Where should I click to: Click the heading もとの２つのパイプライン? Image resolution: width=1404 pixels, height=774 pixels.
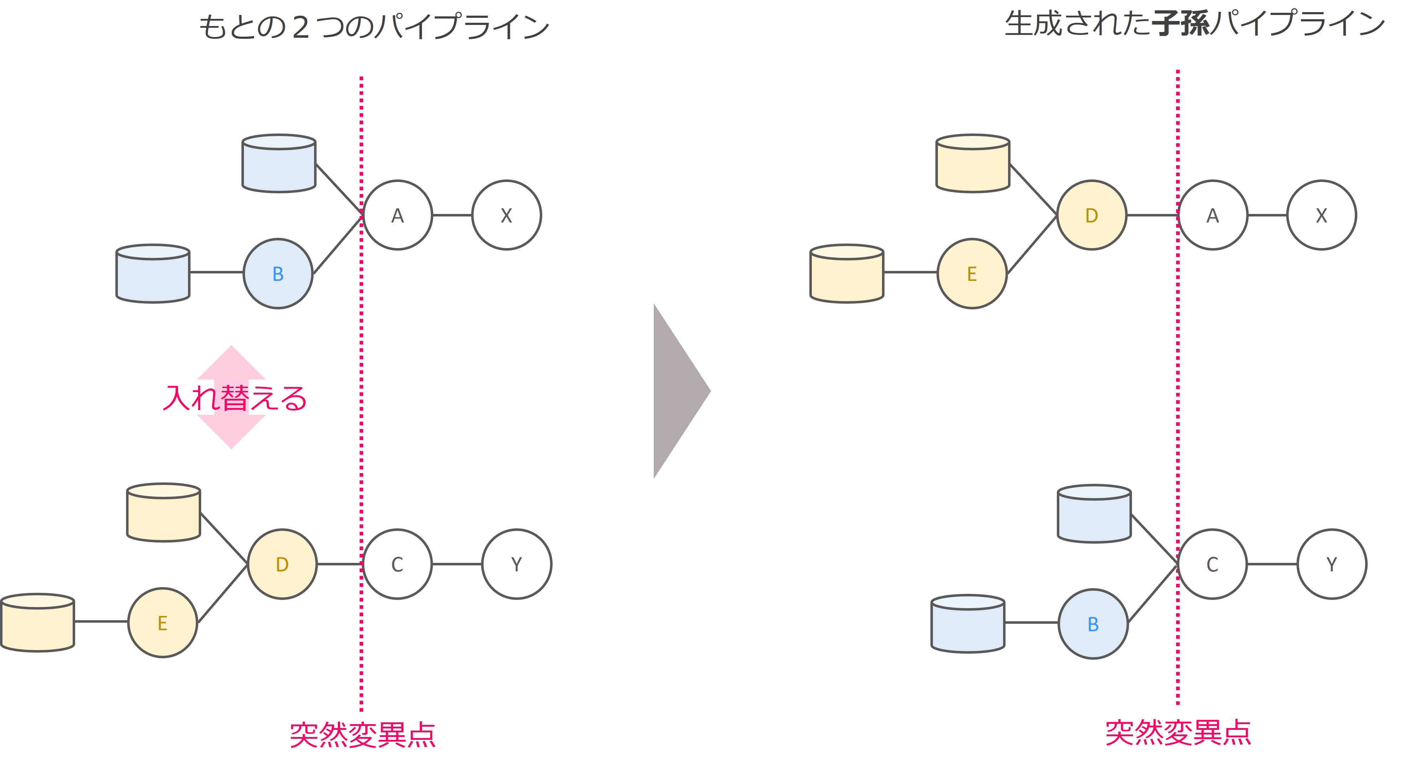point(374,26)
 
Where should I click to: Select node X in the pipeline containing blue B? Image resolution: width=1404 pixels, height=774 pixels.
point(506,215)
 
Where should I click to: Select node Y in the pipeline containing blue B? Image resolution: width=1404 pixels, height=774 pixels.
point(1331,564)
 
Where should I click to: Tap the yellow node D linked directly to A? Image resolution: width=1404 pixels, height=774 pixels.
point(1091,215)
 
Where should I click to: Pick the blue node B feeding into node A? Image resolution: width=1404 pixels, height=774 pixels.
point(278,274)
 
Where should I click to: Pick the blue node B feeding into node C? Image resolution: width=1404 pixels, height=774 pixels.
point(1093,624)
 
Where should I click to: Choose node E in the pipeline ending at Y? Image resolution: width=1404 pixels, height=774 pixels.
point(162,623)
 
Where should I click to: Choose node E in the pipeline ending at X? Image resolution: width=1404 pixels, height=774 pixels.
point(972,274)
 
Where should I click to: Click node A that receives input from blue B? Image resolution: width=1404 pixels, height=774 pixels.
point(397,215)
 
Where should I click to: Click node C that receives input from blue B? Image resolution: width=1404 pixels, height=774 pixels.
point(1212,564)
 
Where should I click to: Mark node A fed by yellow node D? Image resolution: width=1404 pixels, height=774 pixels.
point(1212,215)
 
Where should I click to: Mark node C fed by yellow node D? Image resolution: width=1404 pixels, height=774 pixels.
point(397,564)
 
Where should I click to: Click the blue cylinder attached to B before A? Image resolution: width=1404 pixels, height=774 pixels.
point(153,274)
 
